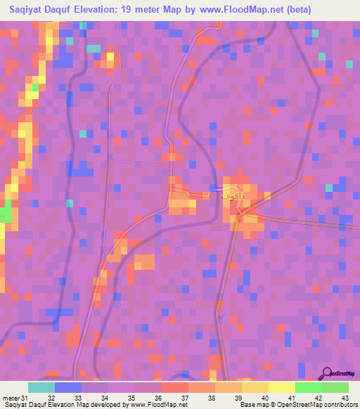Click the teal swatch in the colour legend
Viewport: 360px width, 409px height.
[41, 387]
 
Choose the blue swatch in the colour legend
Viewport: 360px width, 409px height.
[68, 387]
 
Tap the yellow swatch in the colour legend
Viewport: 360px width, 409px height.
[281, 387]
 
